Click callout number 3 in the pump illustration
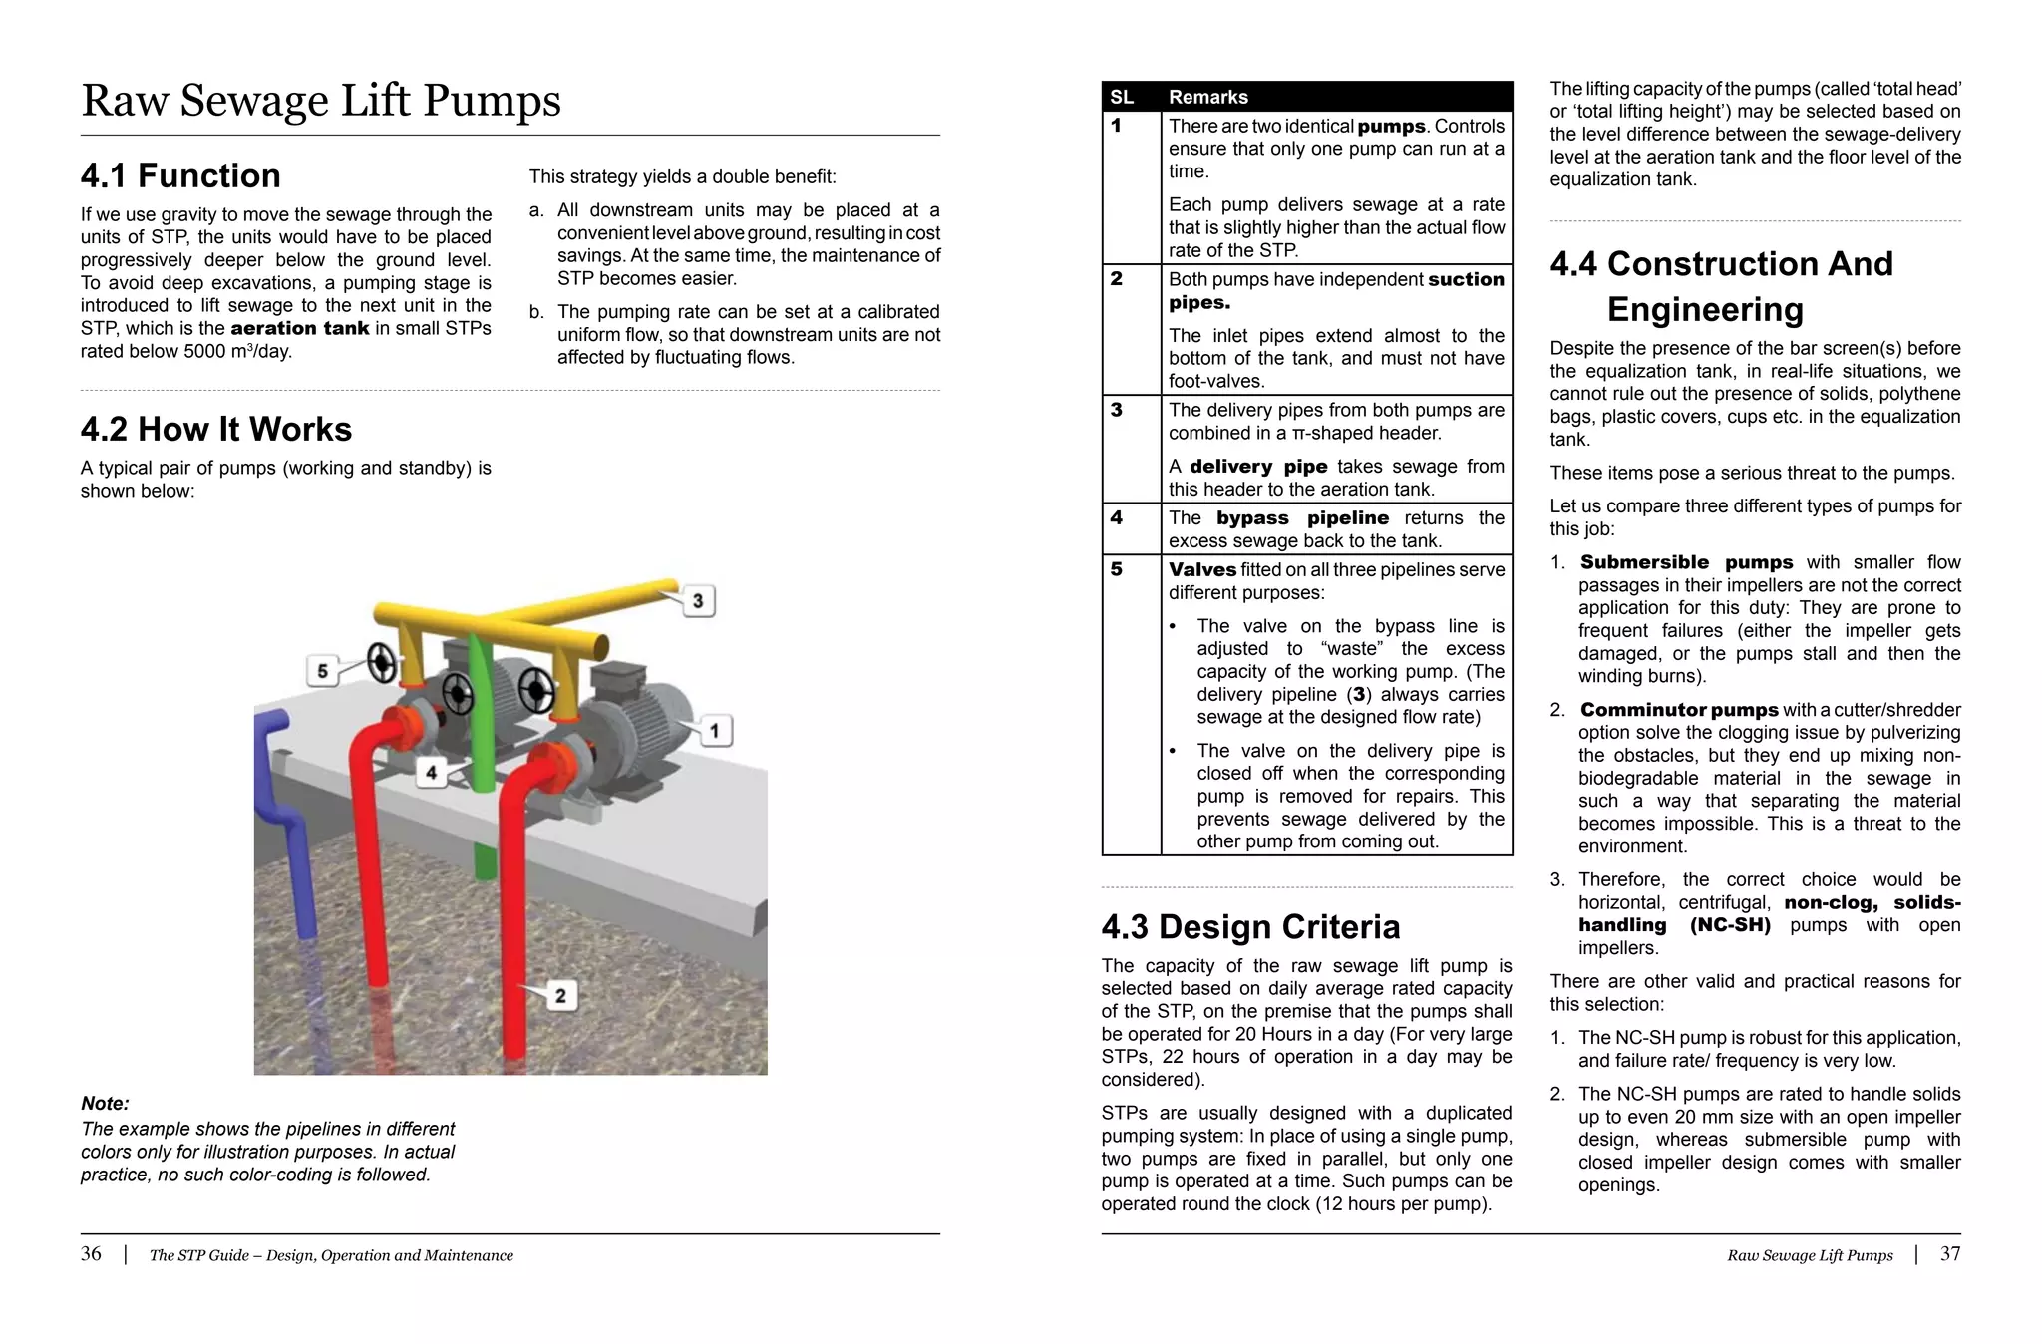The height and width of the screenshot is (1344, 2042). (698, 600)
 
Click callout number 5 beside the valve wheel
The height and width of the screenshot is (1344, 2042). (322, 671)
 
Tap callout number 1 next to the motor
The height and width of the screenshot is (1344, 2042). (714, 731)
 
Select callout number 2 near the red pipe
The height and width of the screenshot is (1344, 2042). (560, 995)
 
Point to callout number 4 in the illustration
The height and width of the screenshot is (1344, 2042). (431, 772)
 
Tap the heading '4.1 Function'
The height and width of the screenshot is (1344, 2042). (180, 175)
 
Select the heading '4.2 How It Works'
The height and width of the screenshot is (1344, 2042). (215, 429)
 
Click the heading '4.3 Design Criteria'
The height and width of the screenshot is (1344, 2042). (1250, 927)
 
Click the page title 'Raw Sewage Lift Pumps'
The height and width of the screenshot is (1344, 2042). (321, 101)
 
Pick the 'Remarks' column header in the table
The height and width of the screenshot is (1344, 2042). (1207, 97)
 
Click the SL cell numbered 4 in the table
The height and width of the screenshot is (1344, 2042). (1117, 517)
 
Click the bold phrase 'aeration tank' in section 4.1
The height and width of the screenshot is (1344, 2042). (299, 328)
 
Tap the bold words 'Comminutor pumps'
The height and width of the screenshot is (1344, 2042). (1679, 710)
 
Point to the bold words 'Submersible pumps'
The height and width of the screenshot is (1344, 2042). (1686, 562)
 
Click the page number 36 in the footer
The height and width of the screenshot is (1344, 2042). (91, 1254)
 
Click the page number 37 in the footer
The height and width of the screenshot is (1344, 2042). (1950, 1254)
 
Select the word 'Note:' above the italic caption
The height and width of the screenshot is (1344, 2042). (105, 1103)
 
